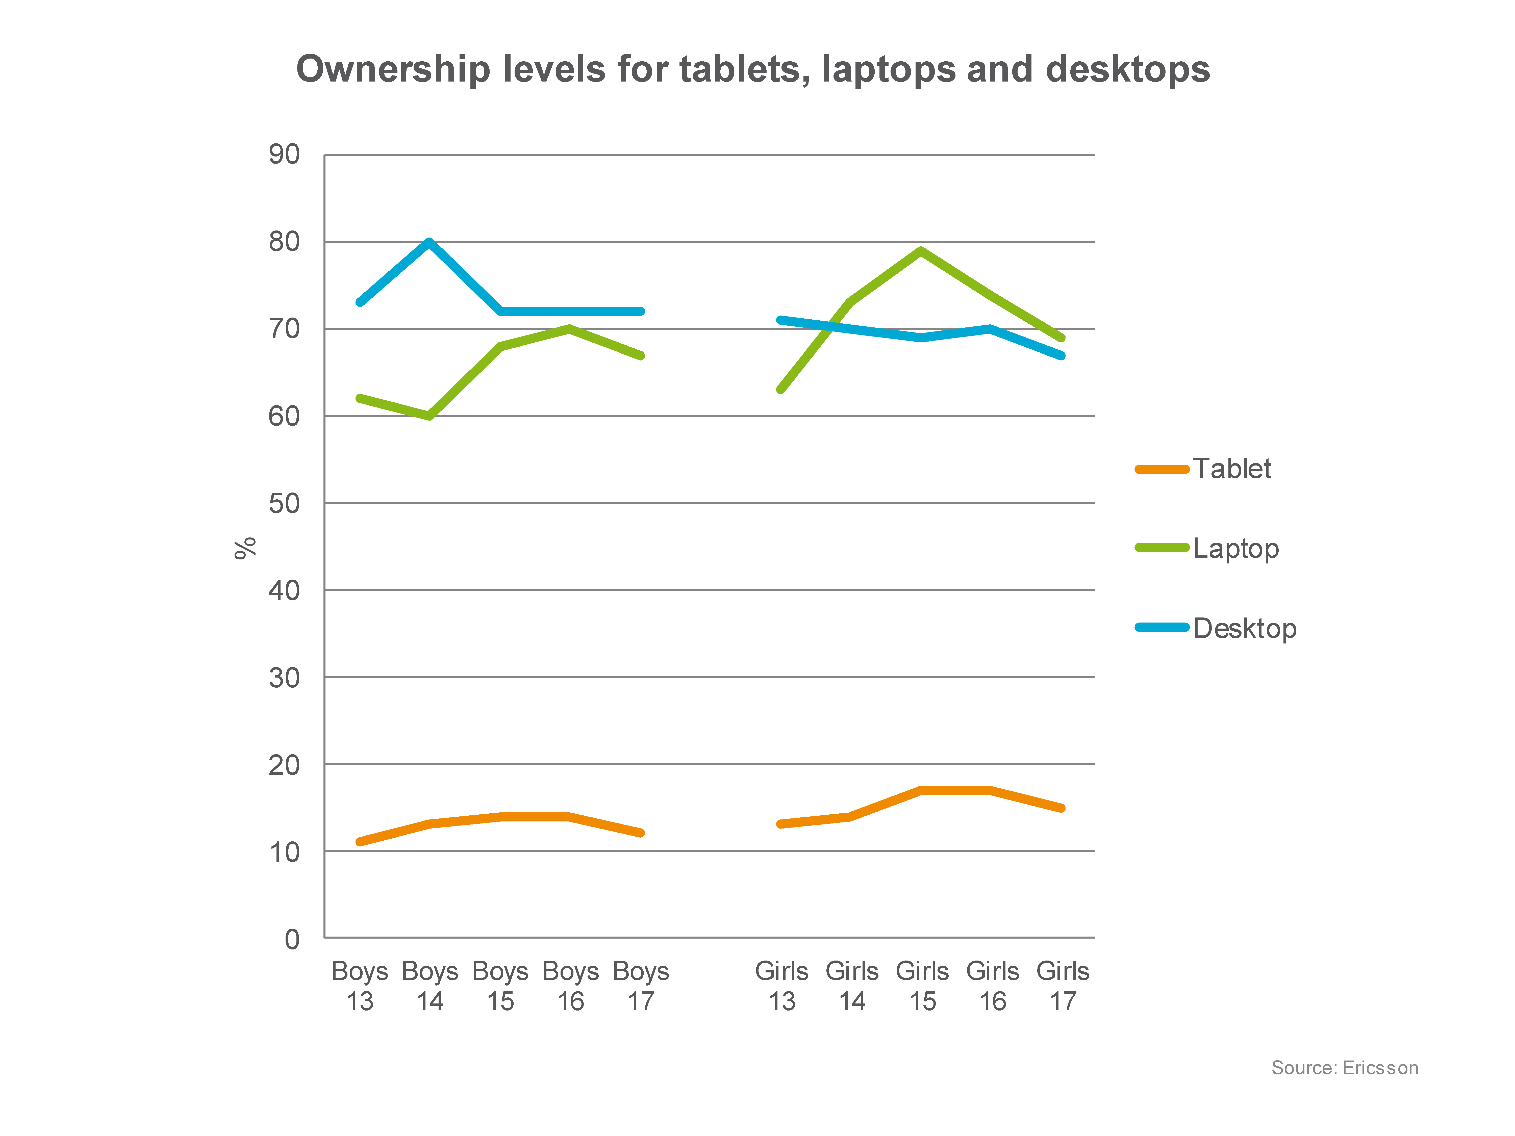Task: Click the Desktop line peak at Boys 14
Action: click(430, 242)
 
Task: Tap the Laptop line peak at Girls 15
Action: click(921, 251)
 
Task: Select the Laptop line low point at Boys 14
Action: click(430, 416)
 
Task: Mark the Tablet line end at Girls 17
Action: click(1062, 808)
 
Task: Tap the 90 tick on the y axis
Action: click(284, 155)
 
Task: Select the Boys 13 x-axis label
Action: click(360, 986)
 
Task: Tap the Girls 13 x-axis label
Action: click(781, 986)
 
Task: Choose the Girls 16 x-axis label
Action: click(992, 986)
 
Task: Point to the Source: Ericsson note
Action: click(1345, 1068)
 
